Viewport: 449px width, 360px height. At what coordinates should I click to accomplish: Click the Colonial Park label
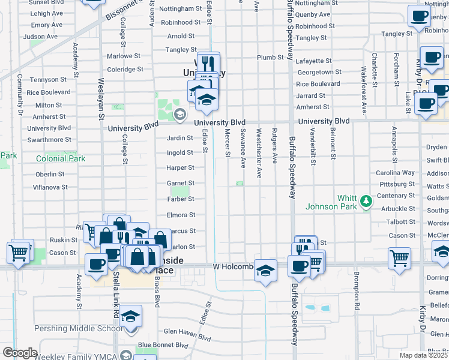coord(61,159)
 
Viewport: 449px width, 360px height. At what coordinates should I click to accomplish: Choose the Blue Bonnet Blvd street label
coord(163,345)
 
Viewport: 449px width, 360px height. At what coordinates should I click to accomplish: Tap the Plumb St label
coord(271,58)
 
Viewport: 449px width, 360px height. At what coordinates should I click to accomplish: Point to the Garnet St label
coord(180,183)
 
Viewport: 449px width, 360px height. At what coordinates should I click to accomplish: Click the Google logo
coord(20,353)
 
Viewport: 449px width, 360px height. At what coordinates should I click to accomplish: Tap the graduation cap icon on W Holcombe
coord(265,269)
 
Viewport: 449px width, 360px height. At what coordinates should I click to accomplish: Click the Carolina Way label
coord(396,172)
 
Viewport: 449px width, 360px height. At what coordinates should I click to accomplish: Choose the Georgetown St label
coord(319,72)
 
